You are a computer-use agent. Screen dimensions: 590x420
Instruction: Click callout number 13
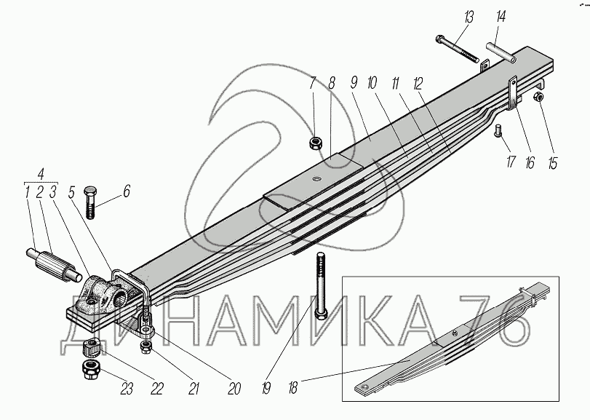pos(468,16)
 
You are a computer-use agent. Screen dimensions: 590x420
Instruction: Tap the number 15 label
pos(553,162)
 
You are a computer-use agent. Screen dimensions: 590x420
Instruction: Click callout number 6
pos(126,191)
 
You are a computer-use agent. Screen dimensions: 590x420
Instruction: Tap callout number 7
pos(312,82)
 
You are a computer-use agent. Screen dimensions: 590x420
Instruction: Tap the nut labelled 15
pos(540,98)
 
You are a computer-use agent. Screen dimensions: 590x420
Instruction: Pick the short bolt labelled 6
pos(92,199)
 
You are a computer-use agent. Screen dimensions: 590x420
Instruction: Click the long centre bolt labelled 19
pos(321,284)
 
